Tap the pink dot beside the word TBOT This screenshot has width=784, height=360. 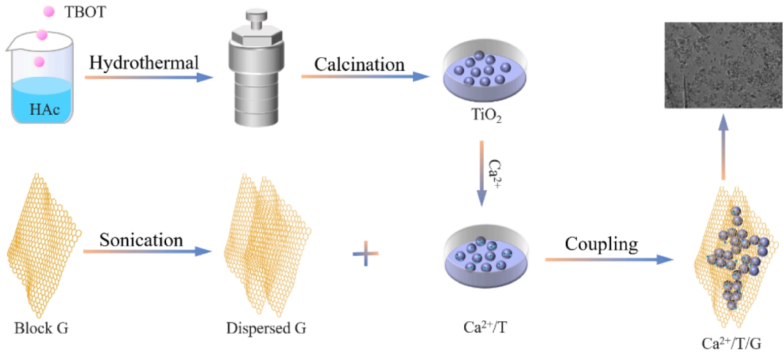[x=50, y=12]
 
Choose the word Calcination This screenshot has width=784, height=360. [x=359, y=64]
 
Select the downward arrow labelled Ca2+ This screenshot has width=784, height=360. [x=481, y=173]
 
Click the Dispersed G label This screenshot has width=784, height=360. [x=266, y=328]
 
